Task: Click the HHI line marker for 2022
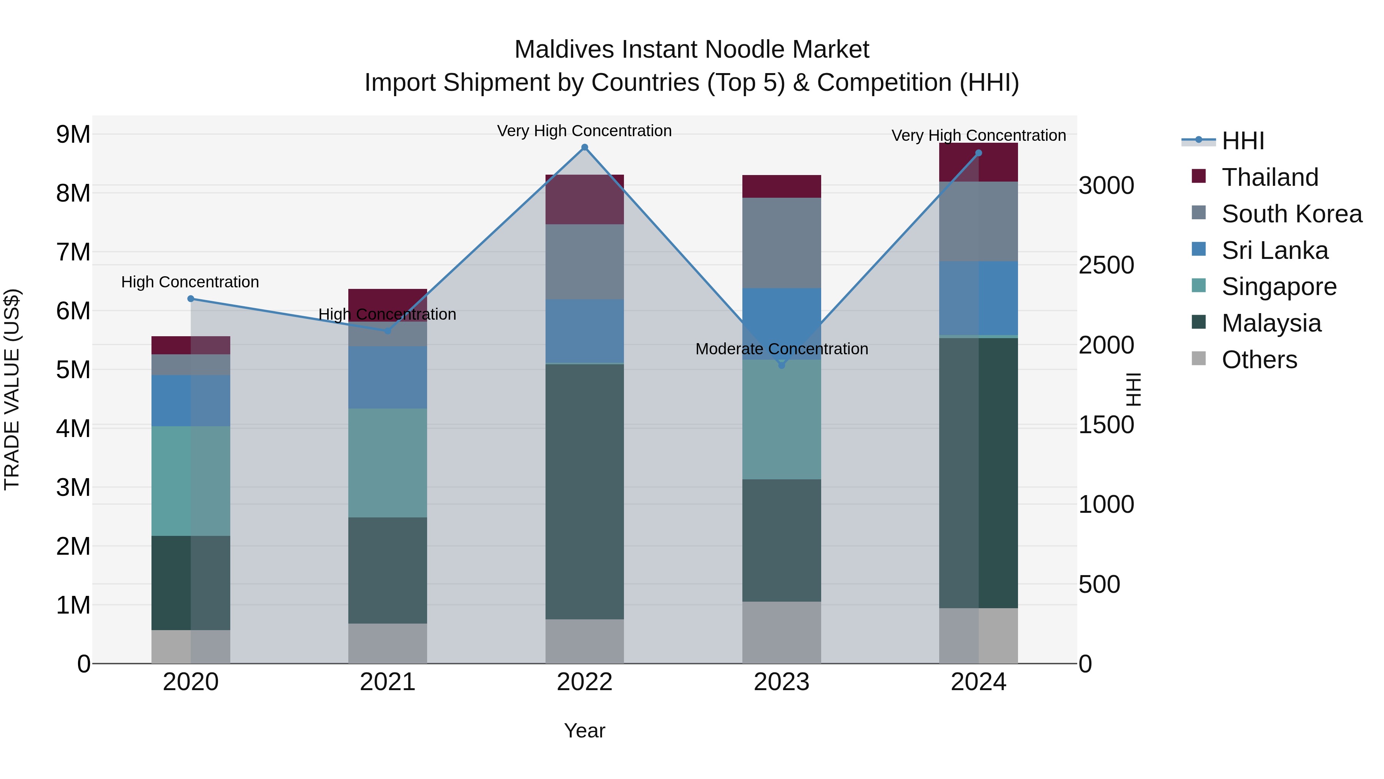584,147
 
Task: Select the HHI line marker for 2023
782,365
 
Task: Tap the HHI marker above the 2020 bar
191,299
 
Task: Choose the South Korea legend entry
1292,214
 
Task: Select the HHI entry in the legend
1243,141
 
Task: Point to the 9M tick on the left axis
73,134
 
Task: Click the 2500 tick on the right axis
1106,265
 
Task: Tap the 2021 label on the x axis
388,682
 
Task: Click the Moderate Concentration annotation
782,349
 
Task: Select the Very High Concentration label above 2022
584,131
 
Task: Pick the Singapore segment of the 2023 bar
782,419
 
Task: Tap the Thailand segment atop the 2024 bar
978,162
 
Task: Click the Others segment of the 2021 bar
388,644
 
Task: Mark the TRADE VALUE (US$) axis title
12,389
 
